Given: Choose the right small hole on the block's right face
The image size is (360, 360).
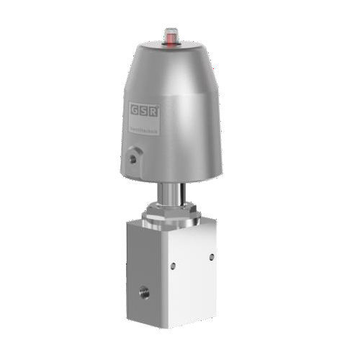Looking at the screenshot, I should [210, 256].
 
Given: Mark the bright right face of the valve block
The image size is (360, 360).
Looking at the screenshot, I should [191, 274].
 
